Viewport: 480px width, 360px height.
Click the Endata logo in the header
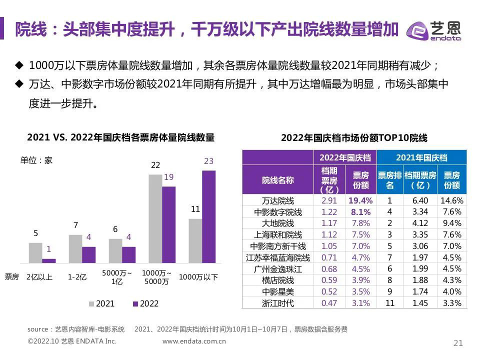coord(434,31)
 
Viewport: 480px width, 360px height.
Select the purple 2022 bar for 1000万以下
coord(208,216)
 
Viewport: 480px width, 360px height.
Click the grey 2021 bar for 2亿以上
coord(35,252)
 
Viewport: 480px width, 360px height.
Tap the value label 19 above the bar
coord(168,177)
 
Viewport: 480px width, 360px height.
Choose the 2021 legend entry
coord(101,303)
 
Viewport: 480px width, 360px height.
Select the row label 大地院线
coord(278,223)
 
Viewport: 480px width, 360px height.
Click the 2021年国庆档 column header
coord(421,157)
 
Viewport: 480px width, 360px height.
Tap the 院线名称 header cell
coord(278,180)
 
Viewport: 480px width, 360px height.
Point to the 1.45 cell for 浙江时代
coord(420,303)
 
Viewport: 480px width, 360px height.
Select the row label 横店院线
coord(278,280)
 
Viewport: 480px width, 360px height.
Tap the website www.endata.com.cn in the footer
coord(194,341)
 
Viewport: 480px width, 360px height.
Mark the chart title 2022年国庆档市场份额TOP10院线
coord(354,138)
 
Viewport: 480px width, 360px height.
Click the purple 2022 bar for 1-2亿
coord(88,254)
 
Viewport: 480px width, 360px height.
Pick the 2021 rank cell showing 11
coord(390,303)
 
